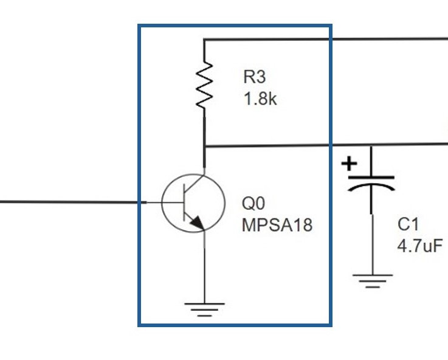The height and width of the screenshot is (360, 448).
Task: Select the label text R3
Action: [x=255, y=77]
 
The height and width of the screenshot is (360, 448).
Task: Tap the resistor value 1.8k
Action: [x=260, y=99]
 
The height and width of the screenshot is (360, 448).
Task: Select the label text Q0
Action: [x=253, y=203]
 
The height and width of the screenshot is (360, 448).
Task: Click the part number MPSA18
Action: [x=277, y=226]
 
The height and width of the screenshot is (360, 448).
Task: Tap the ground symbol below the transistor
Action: [x=204, y=310]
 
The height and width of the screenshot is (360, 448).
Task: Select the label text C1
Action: [x=408, y=224]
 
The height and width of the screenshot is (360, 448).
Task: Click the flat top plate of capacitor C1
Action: [x=371, y=177]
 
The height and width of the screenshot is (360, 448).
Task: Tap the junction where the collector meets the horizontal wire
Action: [x=204, y=146]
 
